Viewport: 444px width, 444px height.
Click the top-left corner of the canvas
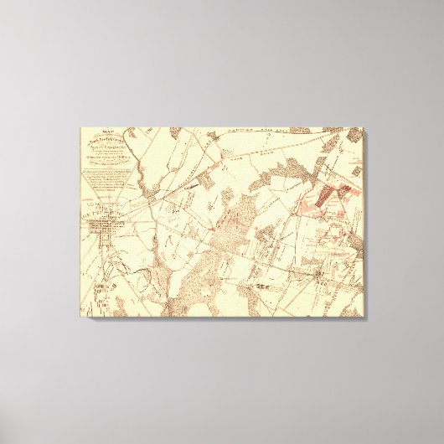click(x=80, y=128)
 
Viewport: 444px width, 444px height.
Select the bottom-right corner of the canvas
click(x=364, y=316)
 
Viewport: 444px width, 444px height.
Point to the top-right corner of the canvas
click(x=364, y=128)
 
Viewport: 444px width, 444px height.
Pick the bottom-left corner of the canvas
click(x=80, y=316)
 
